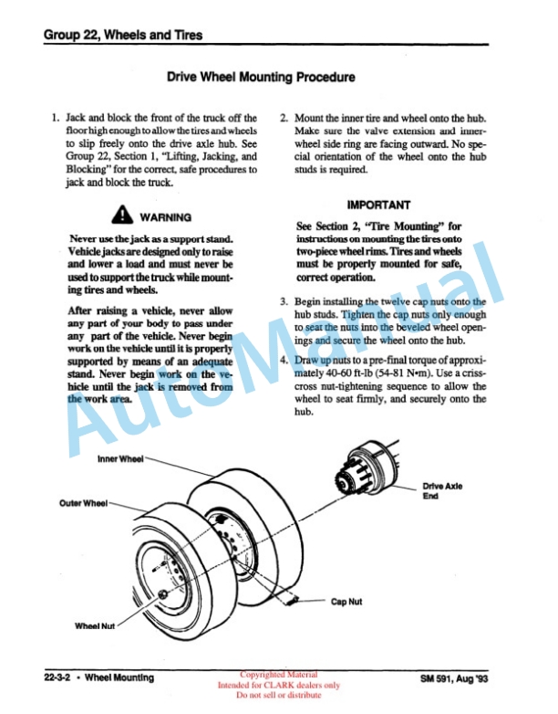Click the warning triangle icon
[122, 215]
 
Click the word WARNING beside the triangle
[166, 217]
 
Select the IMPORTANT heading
[378, 205]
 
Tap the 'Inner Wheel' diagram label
[120, 459]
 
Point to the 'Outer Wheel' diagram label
[84, 503]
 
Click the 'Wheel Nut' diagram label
[95, 626]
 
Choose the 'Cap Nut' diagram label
[346, 602]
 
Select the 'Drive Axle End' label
[442, 491]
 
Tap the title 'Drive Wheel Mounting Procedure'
[261, 77]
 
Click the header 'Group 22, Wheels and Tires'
[123, 35]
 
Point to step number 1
[56, 118]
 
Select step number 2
[284, 119]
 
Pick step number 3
[284, 302]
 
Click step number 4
[284, 360]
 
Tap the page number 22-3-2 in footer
[57, 677]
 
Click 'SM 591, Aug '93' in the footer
[454, 678]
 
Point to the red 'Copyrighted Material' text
[279, 675]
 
